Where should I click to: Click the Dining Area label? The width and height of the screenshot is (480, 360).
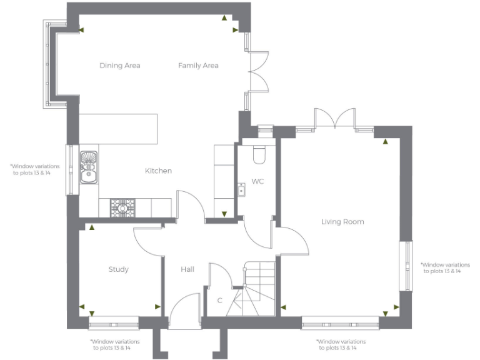(x=119, y=66)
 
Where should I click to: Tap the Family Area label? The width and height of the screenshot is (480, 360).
(x=198, y=66)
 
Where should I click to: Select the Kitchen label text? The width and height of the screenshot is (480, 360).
(x=158, y=171)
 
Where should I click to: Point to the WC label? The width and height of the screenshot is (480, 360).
(x=257, y=182)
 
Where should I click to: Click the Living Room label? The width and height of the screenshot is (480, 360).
(x=342, y=222)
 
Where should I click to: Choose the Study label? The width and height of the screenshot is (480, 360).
(x=118, y=269)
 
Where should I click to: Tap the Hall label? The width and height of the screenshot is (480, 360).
(x=187, y=269)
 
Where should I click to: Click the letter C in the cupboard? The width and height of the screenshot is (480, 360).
(x=219, y=301)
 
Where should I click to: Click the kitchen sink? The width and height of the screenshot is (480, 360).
(x=89, y=166)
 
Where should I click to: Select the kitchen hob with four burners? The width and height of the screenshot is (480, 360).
(x=122, y=207)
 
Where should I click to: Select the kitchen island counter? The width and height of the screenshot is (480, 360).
(x=118, y=127)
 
